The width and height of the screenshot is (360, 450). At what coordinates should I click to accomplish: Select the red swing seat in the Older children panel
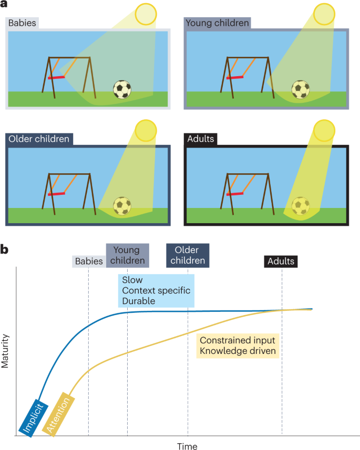57,193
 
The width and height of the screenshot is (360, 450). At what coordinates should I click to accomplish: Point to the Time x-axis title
187,446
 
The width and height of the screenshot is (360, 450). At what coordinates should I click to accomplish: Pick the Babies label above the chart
89,261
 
